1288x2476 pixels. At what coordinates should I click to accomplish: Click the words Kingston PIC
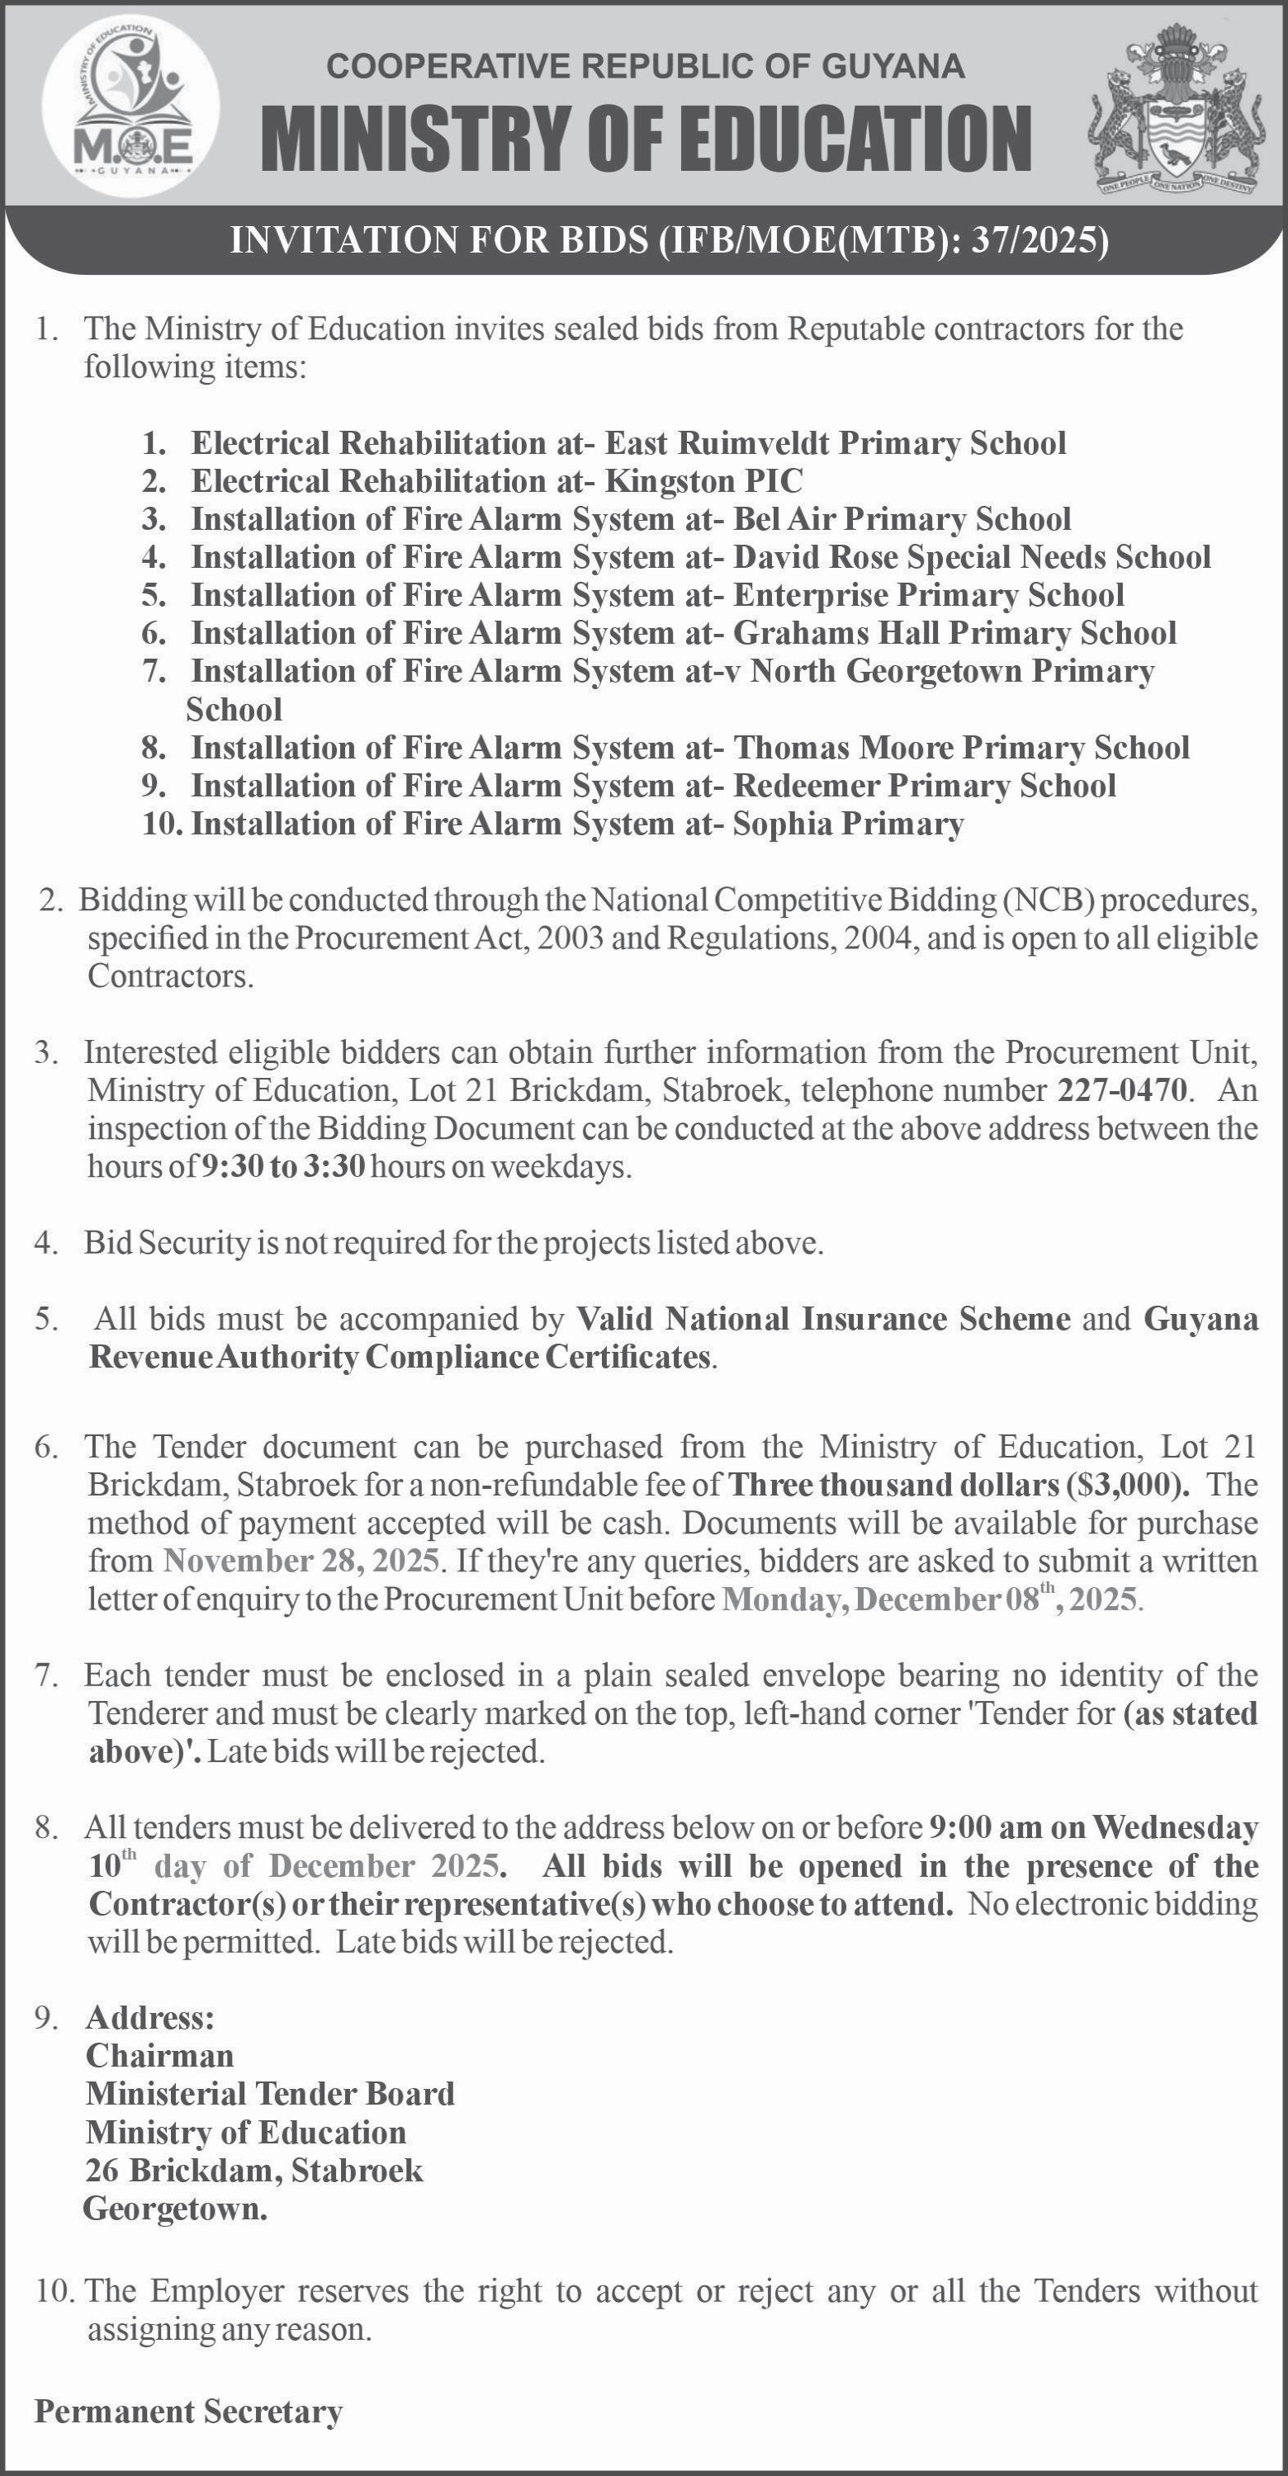703,480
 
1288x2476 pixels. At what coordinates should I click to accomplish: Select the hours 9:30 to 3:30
282,1167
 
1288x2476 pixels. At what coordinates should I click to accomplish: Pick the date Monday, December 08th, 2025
930,1599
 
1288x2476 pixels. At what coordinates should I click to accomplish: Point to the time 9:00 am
979,1827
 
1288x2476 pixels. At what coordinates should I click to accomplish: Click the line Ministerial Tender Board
270,2093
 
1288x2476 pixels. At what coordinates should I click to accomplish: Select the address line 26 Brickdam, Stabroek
255,2171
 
